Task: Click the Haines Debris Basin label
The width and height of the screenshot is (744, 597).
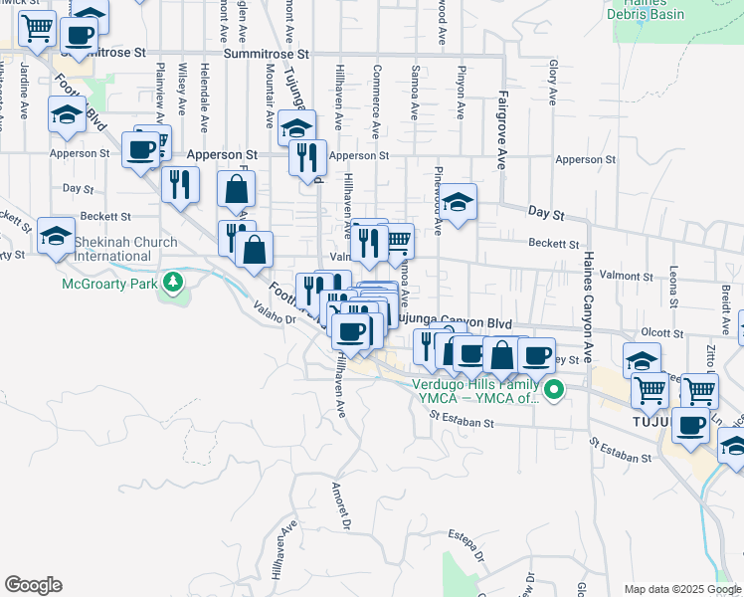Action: coord(652,12)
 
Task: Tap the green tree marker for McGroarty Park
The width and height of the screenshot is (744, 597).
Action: coord(174,283)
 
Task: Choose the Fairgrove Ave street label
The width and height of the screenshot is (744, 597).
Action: coord(503,132)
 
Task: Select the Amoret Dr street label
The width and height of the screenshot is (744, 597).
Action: coord(341,506)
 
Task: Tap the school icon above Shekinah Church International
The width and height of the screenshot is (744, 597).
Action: coord(57,237)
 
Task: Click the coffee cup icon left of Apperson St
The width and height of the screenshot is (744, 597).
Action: coord(142,150)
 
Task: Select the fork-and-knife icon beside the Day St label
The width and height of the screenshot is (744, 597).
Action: coord(180,185)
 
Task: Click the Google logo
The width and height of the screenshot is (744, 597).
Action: coord(33,585)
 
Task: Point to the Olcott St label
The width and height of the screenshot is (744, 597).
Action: coord(662,333)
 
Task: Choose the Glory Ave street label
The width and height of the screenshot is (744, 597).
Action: coord(552,84)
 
